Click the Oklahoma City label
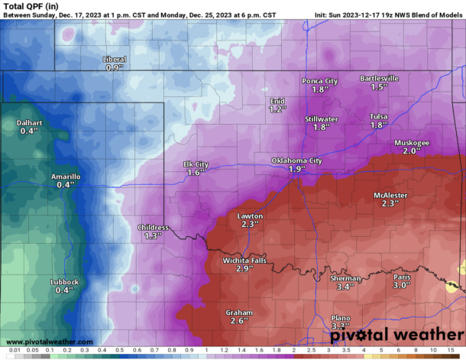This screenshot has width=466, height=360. (x=296, y=161)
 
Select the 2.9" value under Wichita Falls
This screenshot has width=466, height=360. (x=244, y=270)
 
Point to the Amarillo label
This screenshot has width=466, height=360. (x=65, y=177)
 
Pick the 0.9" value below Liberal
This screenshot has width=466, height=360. (x=115, y=68)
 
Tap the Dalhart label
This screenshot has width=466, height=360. (x=29, y=122)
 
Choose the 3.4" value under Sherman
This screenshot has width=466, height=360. (x=345, y=287)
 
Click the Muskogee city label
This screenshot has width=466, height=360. (x=412, y=143)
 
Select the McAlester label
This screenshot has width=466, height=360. (x=390, y=196)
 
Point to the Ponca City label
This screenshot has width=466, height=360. (x=320, y=81)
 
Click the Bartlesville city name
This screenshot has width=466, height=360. (x=380, y=79)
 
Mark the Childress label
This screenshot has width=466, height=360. (x=154, y=227)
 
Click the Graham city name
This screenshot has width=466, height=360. (x=239, y=312)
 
